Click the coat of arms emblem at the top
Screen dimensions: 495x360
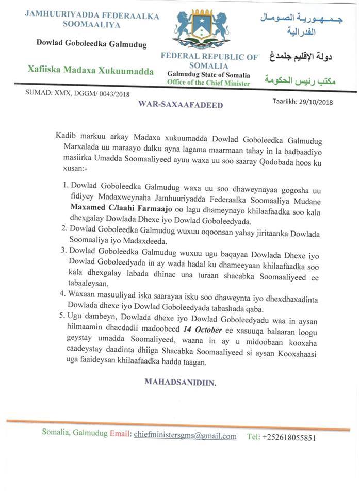pos(201,28)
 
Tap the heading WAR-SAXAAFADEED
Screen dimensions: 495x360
pos(181,105)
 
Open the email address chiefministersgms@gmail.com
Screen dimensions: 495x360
pos(185,436)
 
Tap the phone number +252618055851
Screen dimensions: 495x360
pos(288,437)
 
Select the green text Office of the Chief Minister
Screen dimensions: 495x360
pos(209,84)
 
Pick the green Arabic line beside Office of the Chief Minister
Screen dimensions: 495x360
pos(298,80)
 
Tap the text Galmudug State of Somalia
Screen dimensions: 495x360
pos(208,75)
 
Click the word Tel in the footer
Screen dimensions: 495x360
pos(253,437)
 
